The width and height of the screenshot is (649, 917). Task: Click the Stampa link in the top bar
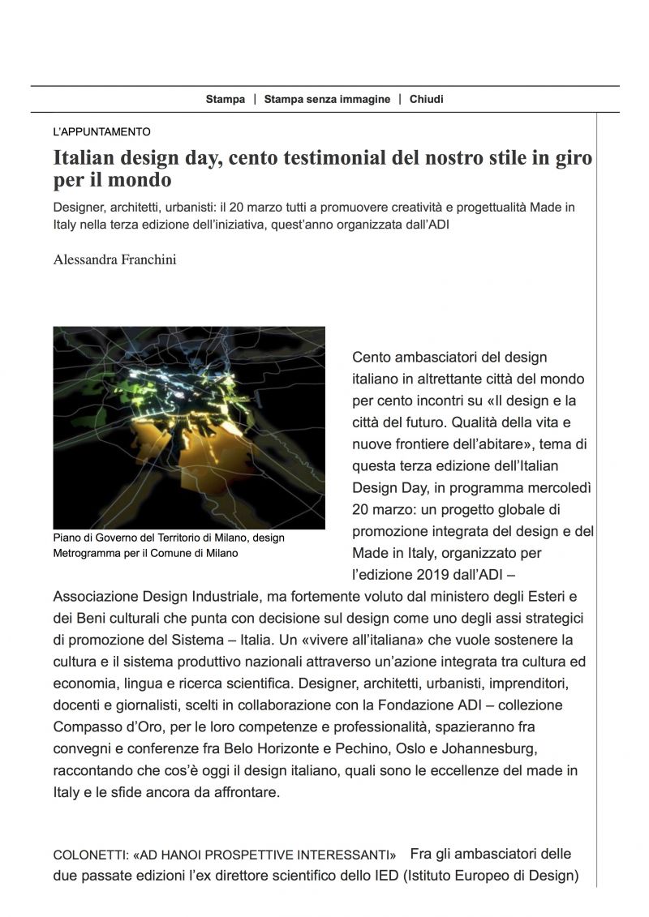pyautogui.click(x=225, y=100)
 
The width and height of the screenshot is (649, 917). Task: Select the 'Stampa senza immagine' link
pyautogui.click(x=327, y=100)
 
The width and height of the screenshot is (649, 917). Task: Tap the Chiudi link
pyautogui.click(x=427, y=100)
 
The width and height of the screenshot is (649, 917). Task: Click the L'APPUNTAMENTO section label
pyautogui.click(x=101, y=131)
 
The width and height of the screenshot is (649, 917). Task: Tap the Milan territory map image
pyautogui.click(x=189, y=427)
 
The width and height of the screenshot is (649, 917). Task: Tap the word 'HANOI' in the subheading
pyautogui.click(x=188, y=855)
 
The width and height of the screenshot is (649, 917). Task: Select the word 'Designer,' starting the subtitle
pyautogui.click(x=84, y=207)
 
